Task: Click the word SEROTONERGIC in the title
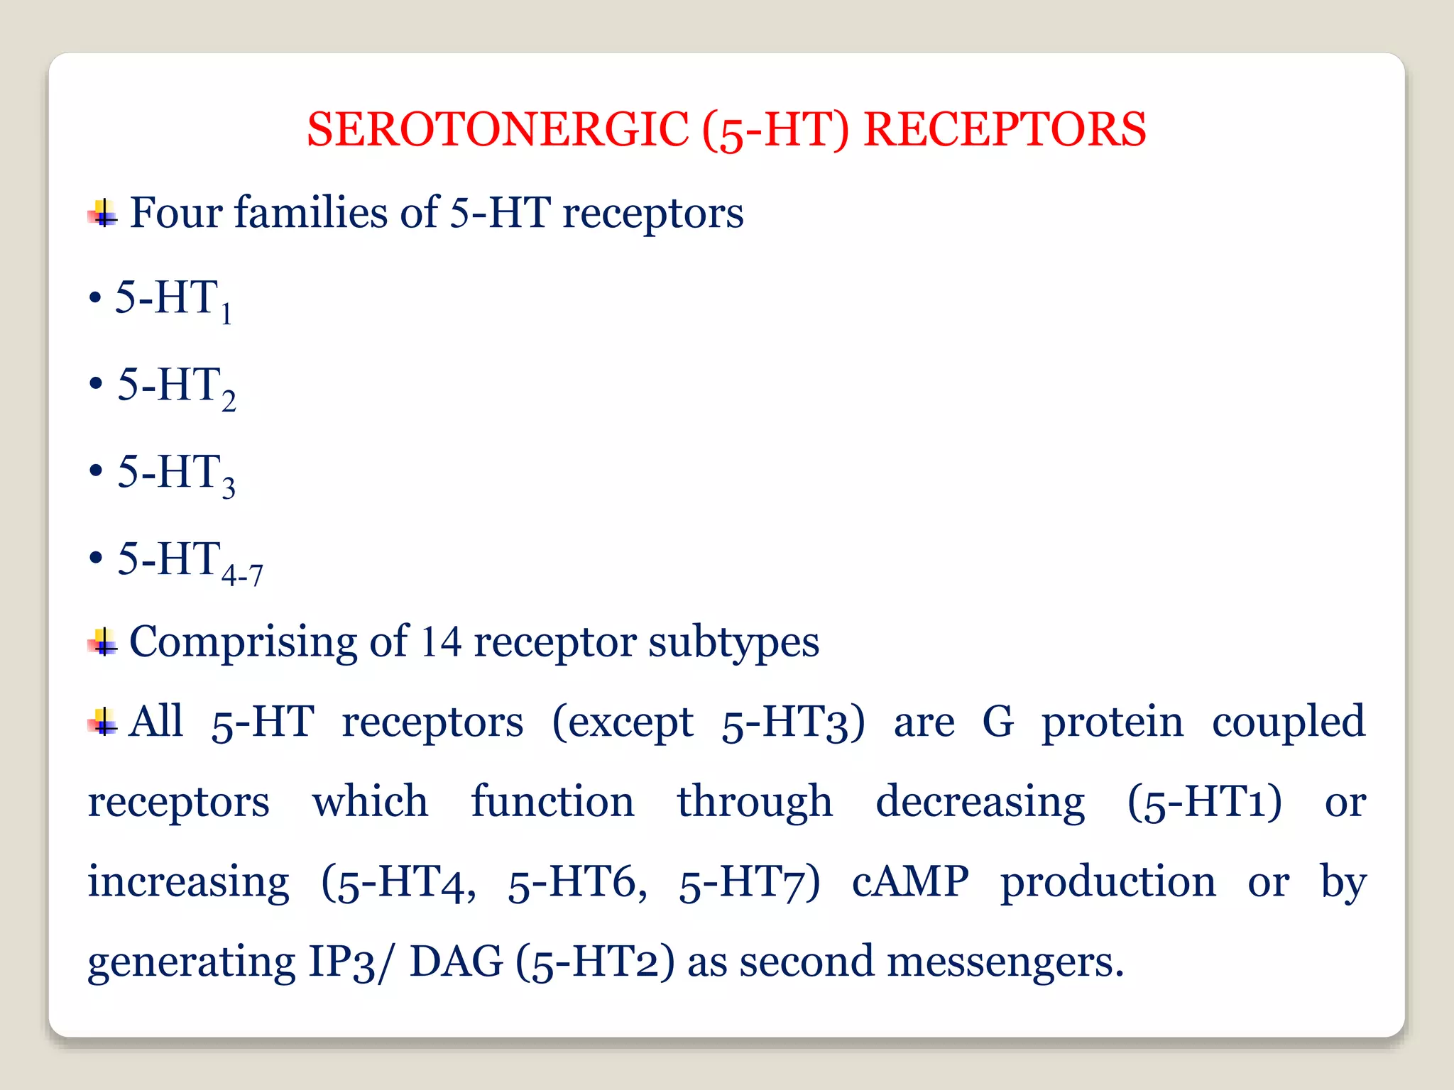click(x=497, y=129)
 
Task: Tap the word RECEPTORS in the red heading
click(x=1004, y=129)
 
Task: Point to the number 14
click(x=440, y=642)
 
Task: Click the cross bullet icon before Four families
click(x=104, y=213)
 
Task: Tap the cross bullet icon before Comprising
click(x=104, y=642)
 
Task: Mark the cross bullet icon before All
click(x=104, y=722)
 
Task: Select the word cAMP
click(x=910, y=882)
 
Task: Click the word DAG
click(x=456, y=962)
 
